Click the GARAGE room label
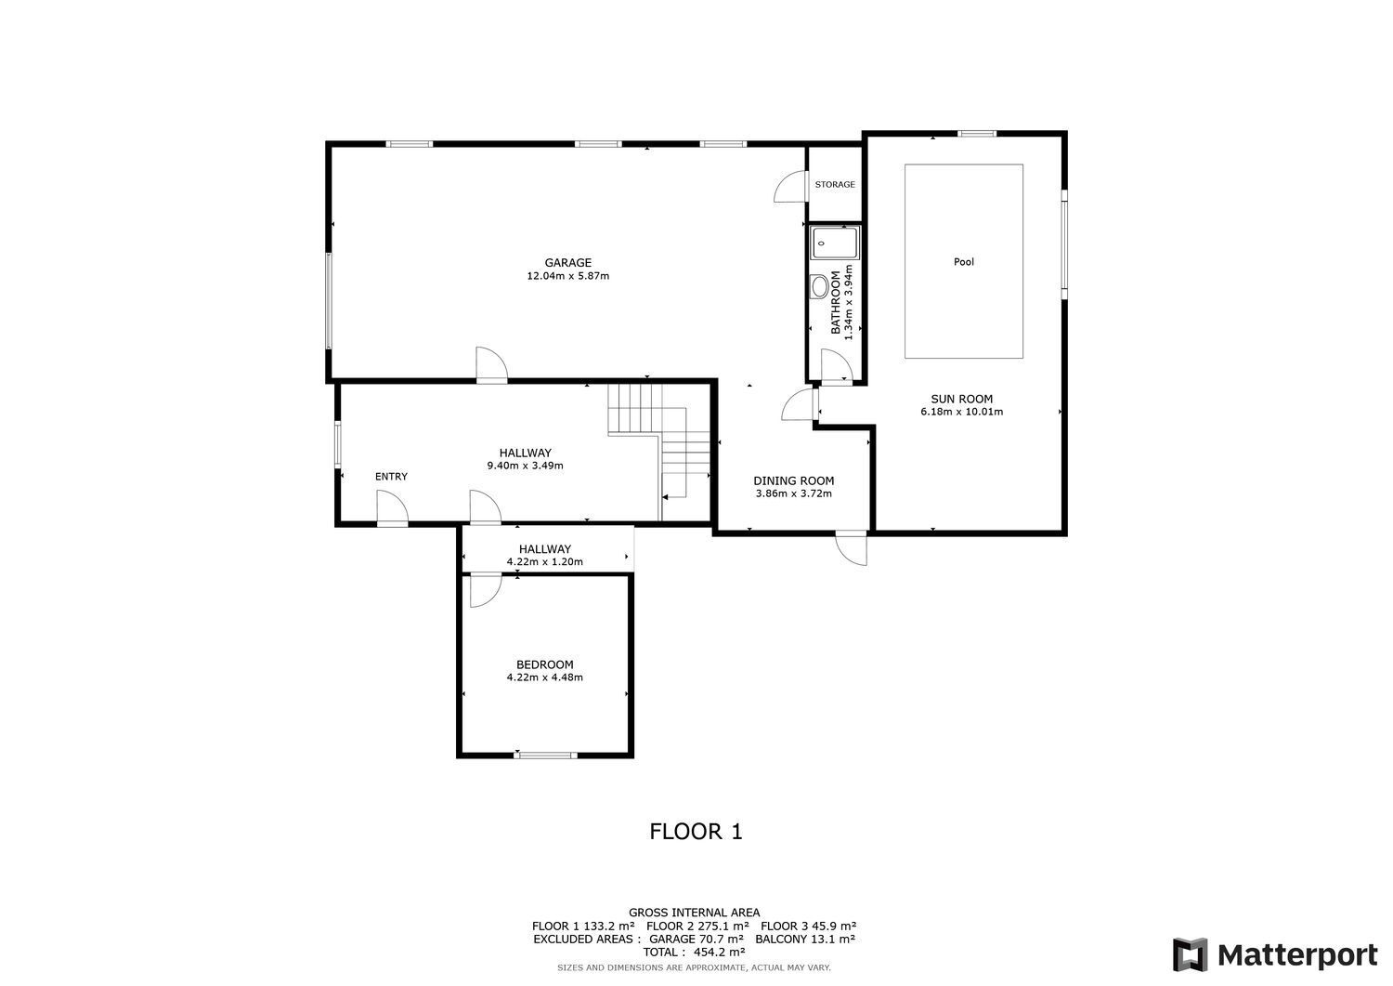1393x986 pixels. click(567, 263)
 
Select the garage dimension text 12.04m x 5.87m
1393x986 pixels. click(567, 276)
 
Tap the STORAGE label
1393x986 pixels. click(835, 185)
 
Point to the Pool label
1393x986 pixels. click(964, 262)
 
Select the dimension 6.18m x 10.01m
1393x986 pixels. click(961, 412)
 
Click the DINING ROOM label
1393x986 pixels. click(793, 480)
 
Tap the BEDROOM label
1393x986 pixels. click(544, 664)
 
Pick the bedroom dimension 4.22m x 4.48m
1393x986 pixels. click(544, 677)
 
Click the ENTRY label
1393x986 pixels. click(391, 477)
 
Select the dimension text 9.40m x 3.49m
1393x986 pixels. click(525, 466)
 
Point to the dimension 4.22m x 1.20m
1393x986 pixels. click(544, 562)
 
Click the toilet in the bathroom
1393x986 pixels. click(819, 286)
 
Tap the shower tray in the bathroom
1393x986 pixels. click(834, 243)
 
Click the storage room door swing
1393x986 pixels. click(788, 187)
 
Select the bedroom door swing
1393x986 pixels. click(483, 590)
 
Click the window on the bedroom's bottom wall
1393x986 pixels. click(547, 755)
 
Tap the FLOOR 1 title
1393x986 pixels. click(696, 831)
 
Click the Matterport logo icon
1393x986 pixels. click(1190, 954)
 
